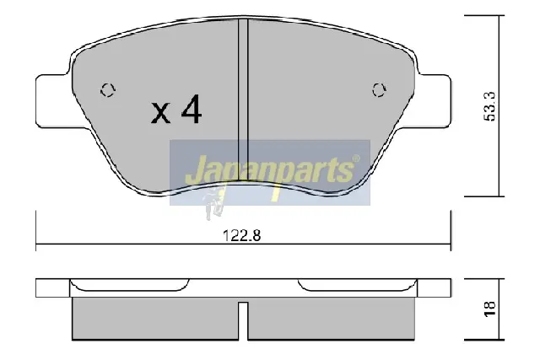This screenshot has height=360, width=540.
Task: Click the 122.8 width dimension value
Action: coord(242,236)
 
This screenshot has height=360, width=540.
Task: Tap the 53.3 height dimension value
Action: coord(489,106)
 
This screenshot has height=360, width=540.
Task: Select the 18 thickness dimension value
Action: coord(489,309)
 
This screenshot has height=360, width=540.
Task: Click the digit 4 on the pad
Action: coord(192,109)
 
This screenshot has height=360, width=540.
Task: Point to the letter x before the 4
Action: coord(160,113)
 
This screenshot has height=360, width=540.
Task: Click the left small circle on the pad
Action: coord(108,90)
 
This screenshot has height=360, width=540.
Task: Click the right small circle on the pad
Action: coord(379,90)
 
